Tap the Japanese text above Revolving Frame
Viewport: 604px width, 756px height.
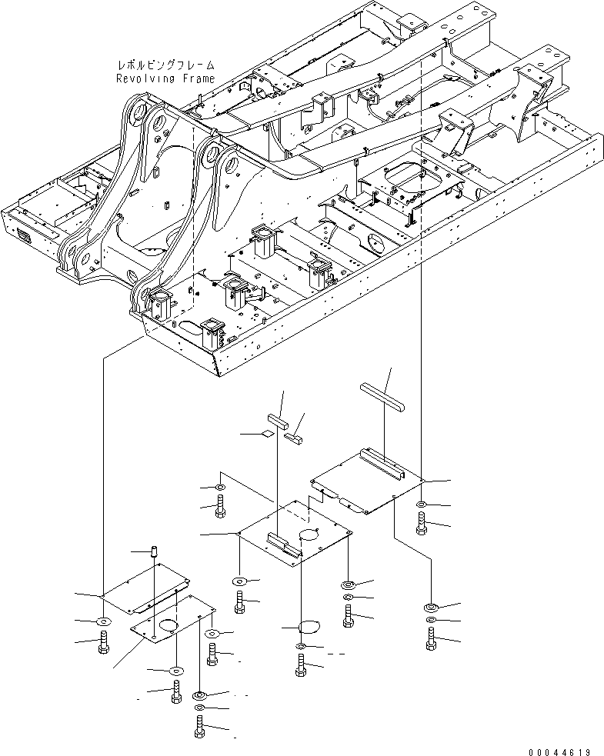pyautogui.click(x=165, y=67)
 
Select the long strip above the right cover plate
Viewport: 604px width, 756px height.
pyautogui.click(x=381, y=392)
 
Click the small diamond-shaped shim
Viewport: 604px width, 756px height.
pyautogui.click(x=266, y=434)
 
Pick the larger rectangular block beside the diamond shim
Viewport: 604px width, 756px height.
pyautogui.click(x=278, y=420)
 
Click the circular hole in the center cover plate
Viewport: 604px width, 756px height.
pyautogui.click(x=312, y=534)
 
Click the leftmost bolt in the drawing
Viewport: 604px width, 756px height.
pyautogui.click(x=104, y=643)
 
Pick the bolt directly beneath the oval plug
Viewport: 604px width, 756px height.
pyautogui.click(x=300, y=665)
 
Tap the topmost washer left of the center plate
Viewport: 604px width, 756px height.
pyautogui.click(x=221, y=488)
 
